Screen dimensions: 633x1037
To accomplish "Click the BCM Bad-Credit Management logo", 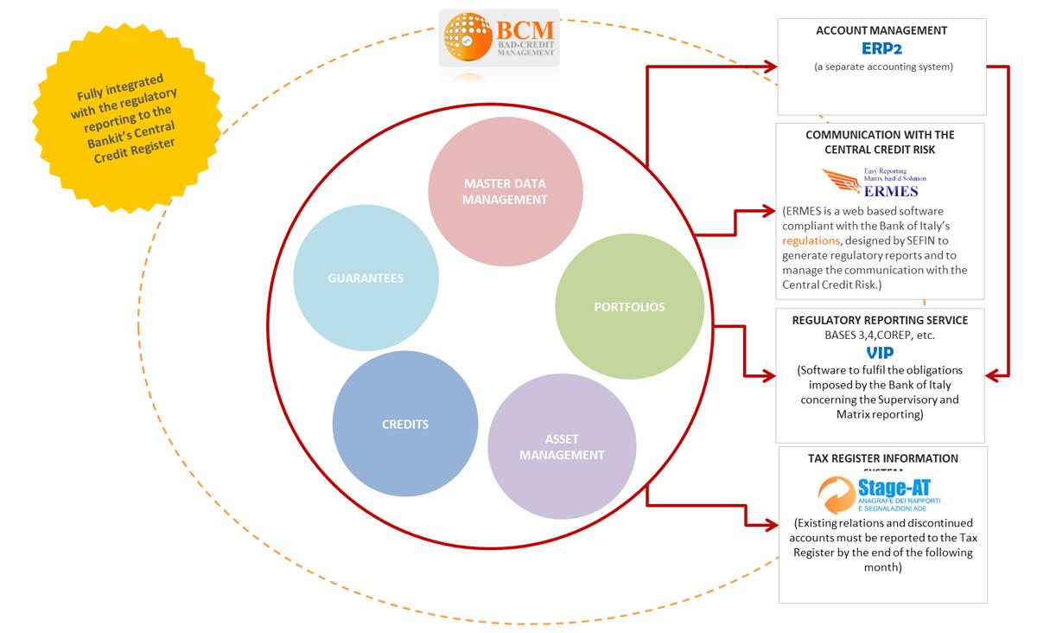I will tap(499, 39).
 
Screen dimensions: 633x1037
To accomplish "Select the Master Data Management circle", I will tap(506, 191).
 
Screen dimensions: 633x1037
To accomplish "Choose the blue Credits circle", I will tap(405, 424).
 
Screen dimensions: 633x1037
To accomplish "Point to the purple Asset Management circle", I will tap(562, 447).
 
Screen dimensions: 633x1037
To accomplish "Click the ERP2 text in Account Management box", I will tap(881, 48).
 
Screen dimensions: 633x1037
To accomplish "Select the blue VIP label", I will tap(880, 353).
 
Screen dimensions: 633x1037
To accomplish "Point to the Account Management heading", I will tap(881, 30).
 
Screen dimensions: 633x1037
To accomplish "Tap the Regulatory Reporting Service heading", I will tap(880, 320).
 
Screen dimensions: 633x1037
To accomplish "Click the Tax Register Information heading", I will tap(882, 458).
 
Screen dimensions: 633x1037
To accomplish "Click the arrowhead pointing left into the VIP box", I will tap(996, 374).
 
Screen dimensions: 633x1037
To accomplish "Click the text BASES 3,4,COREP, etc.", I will tap(880, 335).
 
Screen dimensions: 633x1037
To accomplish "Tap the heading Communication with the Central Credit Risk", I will tap(880, 142).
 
